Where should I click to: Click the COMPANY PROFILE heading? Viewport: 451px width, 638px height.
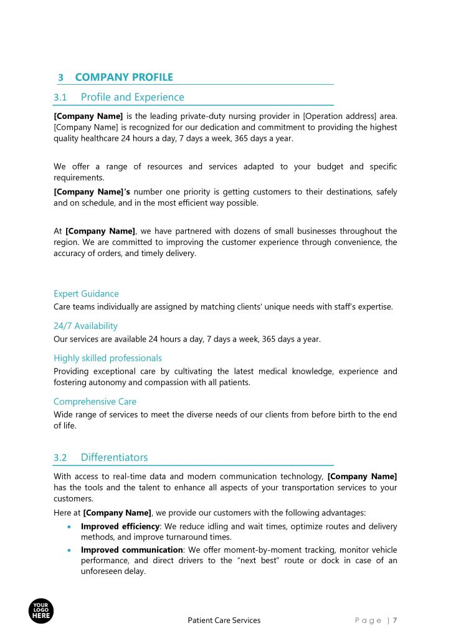point(124,77)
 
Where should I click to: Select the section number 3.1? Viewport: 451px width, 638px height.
point(60,97)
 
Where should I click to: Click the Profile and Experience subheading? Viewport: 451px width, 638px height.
point(132,97)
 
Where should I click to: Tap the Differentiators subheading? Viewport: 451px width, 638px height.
point(114,457)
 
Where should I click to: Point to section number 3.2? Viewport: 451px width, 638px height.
point(60,457)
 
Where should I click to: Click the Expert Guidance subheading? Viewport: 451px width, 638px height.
point(86,293)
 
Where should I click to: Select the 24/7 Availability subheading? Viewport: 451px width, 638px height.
point(85,326)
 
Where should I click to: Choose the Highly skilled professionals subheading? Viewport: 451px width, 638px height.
point(108,358)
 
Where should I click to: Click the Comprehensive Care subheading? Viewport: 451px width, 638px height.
point(95,402)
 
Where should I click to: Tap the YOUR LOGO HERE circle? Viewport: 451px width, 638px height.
point(41,611)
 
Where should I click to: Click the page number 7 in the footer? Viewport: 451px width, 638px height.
point(395,620)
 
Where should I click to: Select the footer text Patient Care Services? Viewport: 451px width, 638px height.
point(224,620)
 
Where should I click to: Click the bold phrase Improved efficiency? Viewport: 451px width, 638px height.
point(120,526)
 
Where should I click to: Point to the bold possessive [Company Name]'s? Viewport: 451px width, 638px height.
point(92,192)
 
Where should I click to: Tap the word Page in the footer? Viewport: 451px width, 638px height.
point(368,620)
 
